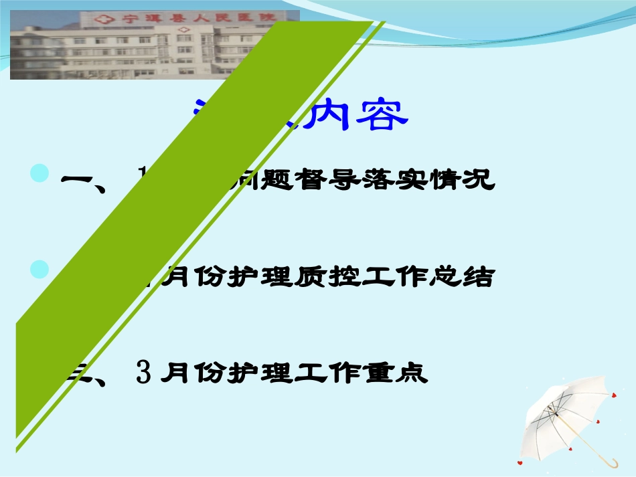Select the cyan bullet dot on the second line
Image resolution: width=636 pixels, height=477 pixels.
(42, 270)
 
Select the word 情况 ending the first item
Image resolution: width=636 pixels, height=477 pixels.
(469, 179)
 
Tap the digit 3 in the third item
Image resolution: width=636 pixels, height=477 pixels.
(143, 372)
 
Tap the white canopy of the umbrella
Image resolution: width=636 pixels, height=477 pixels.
(566, 405)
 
